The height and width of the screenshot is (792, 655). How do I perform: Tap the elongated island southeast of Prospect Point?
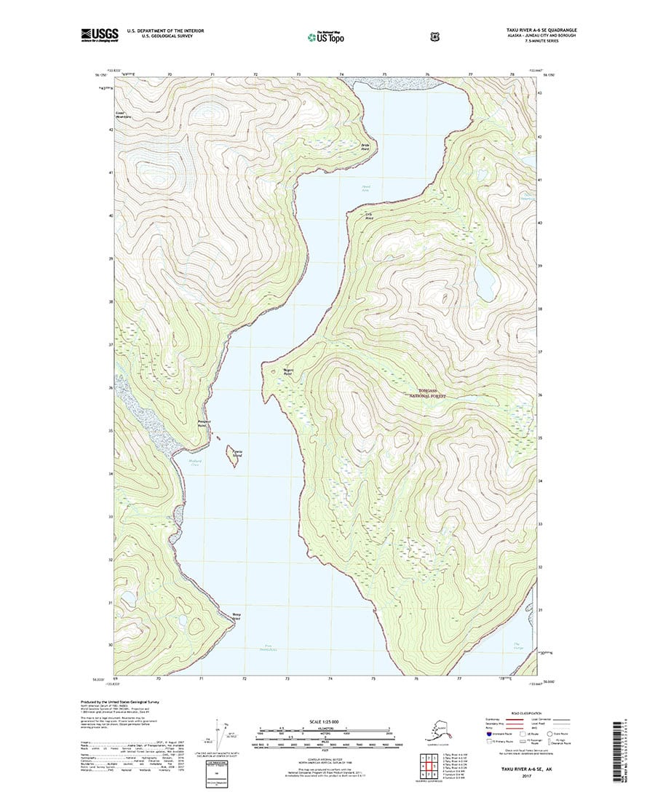click(x=234, y=457)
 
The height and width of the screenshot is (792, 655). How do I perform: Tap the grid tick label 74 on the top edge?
click(x=341, y=75)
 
